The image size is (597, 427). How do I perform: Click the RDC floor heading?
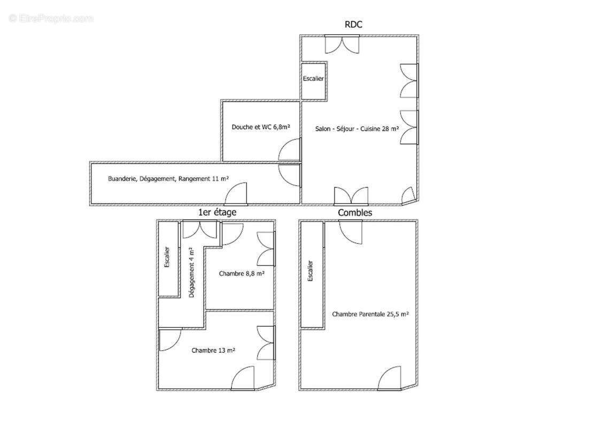(x=353, y=25)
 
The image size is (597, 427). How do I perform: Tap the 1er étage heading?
(x=217, y=212)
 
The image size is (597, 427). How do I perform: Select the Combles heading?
(x=355, y=212)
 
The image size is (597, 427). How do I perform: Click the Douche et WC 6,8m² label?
(x=261, y=127)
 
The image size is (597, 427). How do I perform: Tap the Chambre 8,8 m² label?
(x=242, y=273)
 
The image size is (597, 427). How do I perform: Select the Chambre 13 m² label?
(x=213, y=350)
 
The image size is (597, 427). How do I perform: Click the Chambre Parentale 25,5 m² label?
(x=370, y=314)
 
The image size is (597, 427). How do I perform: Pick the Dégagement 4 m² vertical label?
(x=191, y=272)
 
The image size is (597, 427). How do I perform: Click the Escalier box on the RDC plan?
(x=313, y=81)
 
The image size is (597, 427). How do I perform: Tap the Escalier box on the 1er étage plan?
(x=168, y=259)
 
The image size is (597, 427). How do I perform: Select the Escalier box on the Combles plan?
(x=312, y=274)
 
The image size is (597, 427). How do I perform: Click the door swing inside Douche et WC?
(x=290, y=149)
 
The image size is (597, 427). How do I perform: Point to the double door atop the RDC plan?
(x=342, y=44)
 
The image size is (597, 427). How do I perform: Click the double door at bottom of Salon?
(x=351, y=195)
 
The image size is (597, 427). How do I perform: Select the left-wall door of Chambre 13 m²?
(x=170, y=339)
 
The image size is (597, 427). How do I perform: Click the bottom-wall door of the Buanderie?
(x=236, y=194)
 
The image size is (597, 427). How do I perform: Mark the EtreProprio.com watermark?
(x=51, y=18)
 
